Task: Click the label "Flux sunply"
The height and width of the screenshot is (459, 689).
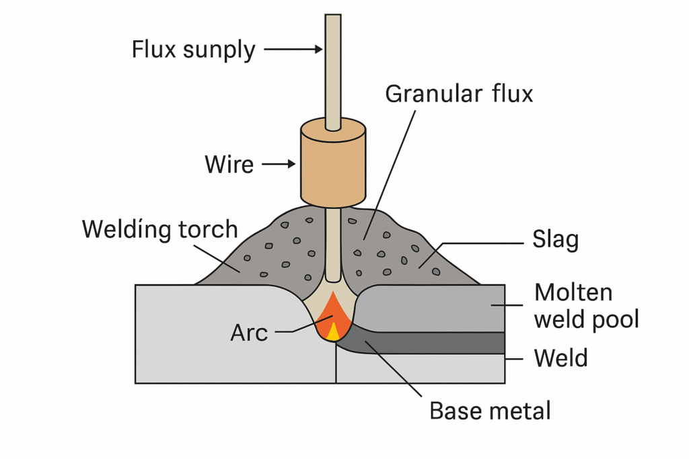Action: point(193,50)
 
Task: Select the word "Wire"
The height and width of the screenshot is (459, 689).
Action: point(229,165)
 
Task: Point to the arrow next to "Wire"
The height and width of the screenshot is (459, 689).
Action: point(279,164)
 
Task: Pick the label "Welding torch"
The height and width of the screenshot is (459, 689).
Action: point(160,230)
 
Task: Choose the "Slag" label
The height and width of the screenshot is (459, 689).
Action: point(555,240)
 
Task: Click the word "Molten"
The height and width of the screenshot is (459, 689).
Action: point(573,292)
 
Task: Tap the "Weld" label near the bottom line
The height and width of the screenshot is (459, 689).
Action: point(560,358)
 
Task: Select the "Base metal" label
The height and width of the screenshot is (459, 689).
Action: point(490,411)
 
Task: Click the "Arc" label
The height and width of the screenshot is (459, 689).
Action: point(249,333)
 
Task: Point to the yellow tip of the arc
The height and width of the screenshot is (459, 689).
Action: point(333,333)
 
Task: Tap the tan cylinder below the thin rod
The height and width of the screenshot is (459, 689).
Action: point(333,163)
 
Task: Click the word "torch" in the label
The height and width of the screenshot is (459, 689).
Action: point(209,230)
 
